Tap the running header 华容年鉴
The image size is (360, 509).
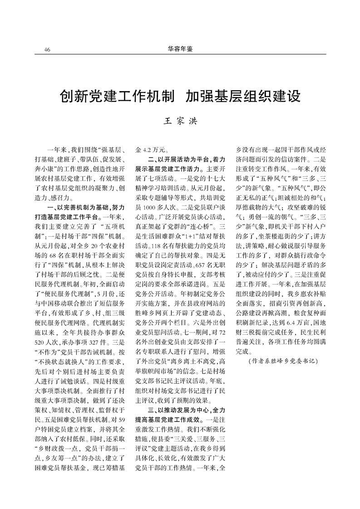pos(180,49)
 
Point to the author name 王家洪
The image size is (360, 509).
pos(180,121)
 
